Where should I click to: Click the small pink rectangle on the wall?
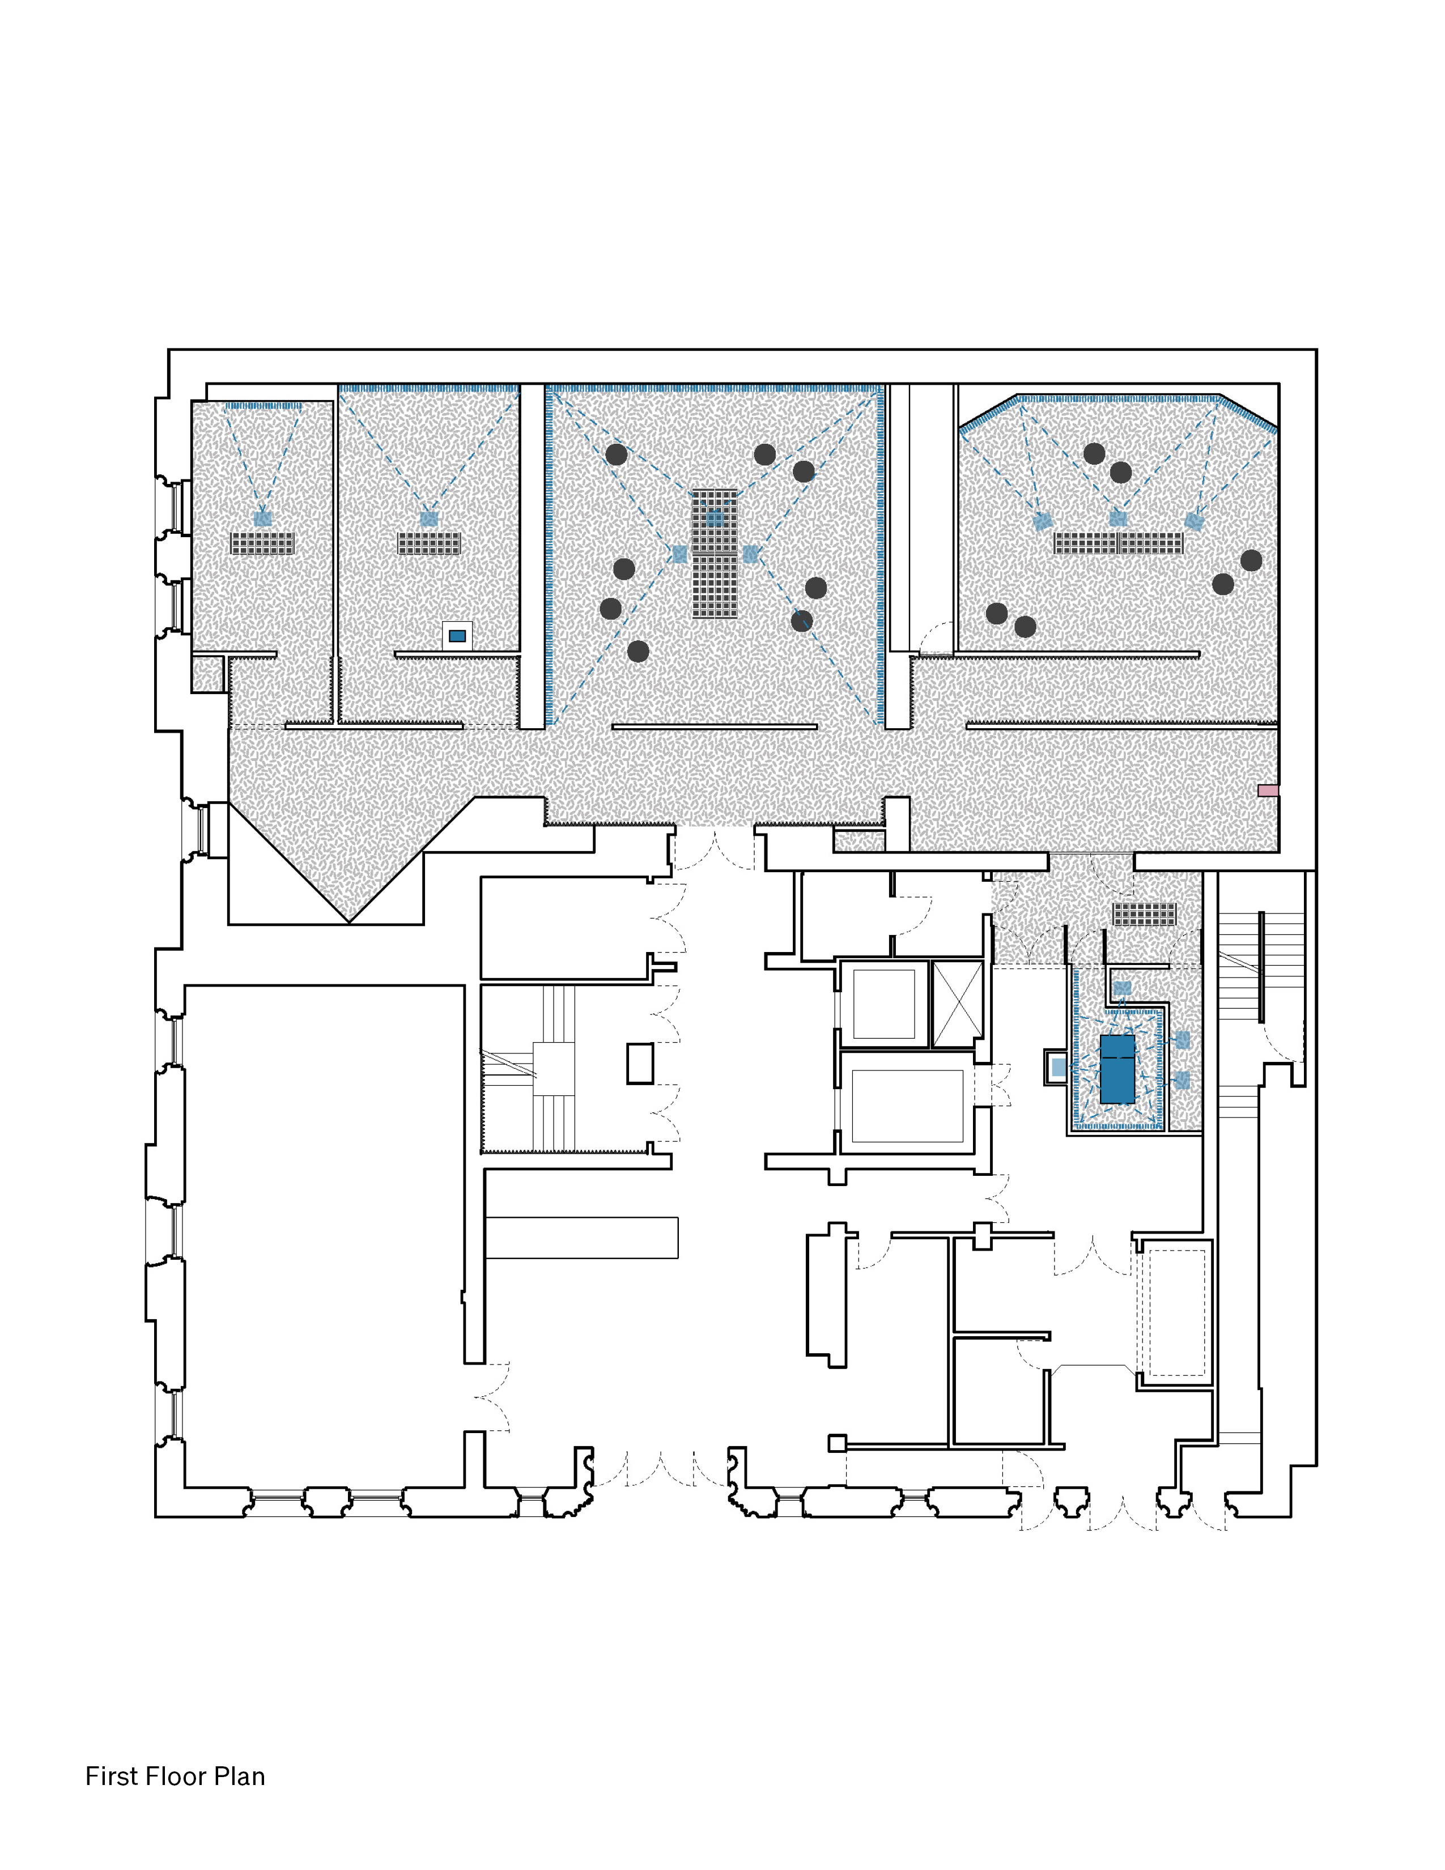tap(1268, 790)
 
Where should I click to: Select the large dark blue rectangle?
tap(1117, 1069)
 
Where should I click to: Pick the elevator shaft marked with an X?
tap(957, 1004)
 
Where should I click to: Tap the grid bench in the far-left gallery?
tap(263, 543)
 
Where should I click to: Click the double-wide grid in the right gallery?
tap(1118, 543)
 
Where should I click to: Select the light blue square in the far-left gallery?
tap(263, 519)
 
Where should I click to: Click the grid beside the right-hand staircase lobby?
tap(1145, 915)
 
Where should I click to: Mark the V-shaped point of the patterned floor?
tap(349, 918)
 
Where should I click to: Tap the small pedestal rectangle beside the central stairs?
tap(639, 1064)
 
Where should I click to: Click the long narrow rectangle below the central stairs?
tap(581, 1237)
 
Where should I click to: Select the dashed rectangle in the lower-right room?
tap(1177, 1312)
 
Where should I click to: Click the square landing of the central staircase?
tap(554, 1069)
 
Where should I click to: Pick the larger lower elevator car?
tap(907, 1106)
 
